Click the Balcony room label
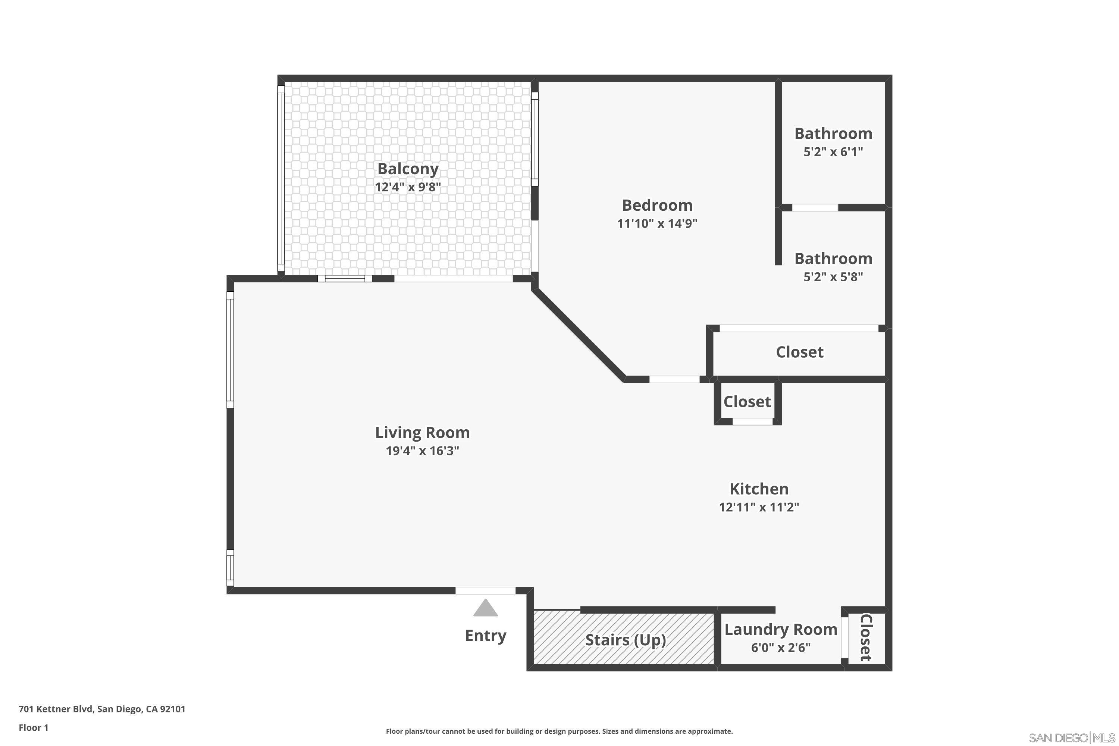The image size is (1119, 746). point(408,169)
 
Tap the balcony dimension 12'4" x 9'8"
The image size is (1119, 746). point(408,187)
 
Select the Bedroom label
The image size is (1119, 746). point(657,205)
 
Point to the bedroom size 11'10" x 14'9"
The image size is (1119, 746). point(657,223)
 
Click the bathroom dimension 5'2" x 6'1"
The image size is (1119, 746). point(833,152)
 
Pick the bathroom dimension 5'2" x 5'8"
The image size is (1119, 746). point(833,277)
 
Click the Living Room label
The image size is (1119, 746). point(422,432)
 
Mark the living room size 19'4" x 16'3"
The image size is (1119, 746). point(422,451)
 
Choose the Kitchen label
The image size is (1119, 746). point(759,489)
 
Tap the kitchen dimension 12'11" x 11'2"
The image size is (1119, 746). point(759,507)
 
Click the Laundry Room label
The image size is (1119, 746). point(781,630)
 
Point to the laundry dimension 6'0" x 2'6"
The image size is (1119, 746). point(781,648)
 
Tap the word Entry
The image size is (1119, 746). point(485,636)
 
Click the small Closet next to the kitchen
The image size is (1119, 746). point(747,402)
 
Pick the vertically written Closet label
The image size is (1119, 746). point(865,637)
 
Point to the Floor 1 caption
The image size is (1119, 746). point(33,727)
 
